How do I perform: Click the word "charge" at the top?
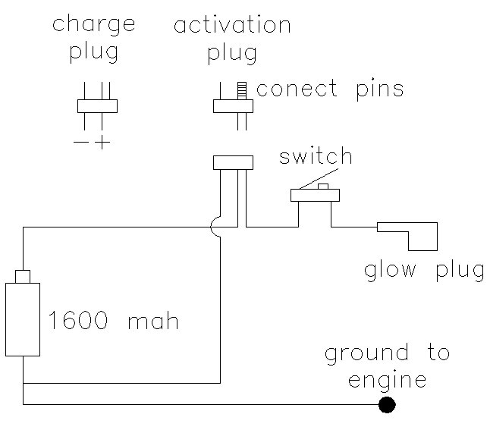click(x=93, y=25)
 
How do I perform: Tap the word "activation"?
click(x=232, y=25)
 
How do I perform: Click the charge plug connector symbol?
click(x=98, y=106)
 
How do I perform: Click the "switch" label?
click(x=316, y=157)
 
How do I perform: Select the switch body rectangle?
click(x=315, y=196)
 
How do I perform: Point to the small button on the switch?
click(x=322, y=187)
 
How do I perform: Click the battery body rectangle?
click(x=24, y=318)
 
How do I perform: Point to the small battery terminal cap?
click(x=23, y=276)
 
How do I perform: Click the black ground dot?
click(x=387, y=405)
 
